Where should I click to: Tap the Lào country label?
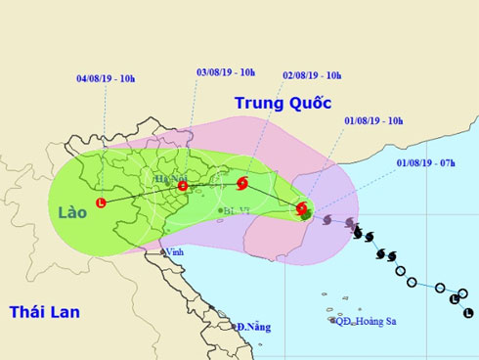pyautogui.click(x=72, y=211)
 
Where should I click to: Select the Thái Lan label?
pyautogui.click(x=44, y=312)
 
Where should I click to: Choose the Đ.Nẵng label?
pyautogui.click(x=252, y=326)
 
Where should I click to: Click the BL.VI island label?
pyautogui.click(x=237, y=210)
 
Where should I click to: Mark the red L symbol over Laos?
pyautogui.click(x=101, y=202)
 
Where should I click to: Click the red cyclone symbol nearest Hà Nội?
pyautogui.click(x=182, y=185)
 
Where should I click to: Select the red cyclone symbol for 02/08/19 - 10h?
pyautogui.click(x=241, y=182)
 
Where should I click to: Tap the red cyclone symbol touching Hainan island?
pyautogui.click(x=301, y=207)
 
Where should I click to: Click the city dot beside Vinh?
pyautogui.click(x=162, y=251)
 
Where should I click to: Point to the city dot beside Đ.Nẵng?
pyautogui.click(x=235, y=326)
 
